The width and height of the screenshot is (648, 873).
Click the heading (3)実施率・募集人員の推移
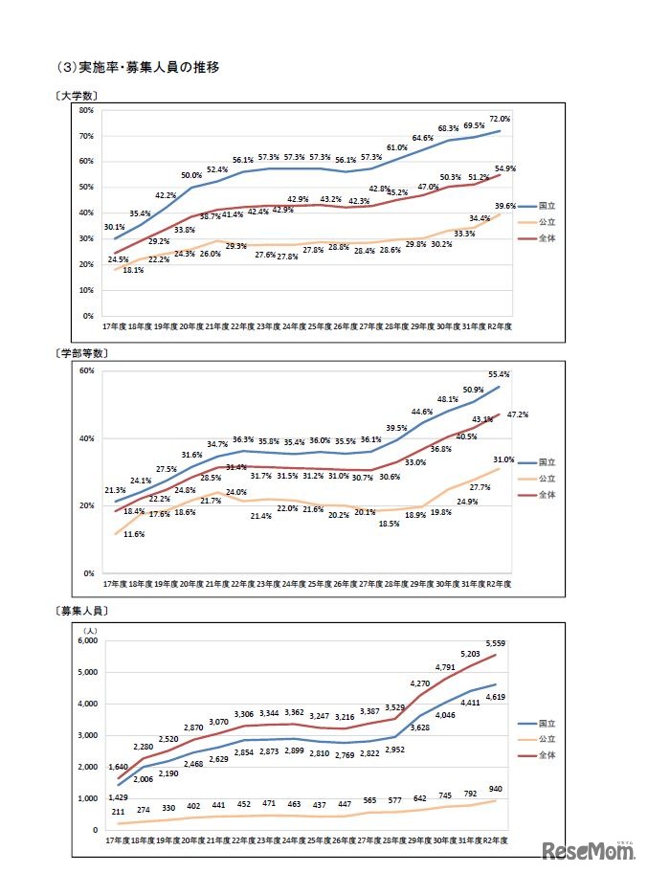tap(139, 67)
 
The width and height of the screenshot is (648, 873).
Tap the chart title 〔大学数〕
tap(78, 97)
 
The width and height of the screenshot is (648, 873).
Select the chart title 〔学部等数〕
tap(81, 353)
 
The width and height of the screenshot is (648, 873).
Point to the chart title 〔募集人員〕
tap(81, 610)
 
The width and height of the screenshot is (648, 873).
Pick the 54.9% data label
tap(504, 168)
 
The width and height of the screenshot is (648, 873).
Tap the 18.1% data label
tap(133, 270)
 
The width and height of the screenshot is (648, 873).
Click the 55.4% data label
tap(498, 375)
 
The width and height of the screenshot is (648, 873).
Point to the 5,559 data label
tap(495, 644)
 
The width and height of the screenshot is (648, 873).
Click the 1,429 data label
tap(118, 797)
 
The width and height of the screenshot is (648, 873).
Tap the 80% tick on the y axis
tap(86, 110)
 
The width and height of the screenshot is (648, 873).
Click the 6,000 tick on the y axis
tap(86, 641)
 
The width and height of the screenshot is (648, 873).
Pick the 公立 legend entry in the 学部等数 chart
tap(540, 478)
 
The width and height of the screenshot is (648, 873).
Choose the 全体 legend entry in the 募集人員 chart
tap(540, 756)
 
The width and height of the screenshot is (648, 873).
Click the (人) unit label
tap(91, 630)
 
